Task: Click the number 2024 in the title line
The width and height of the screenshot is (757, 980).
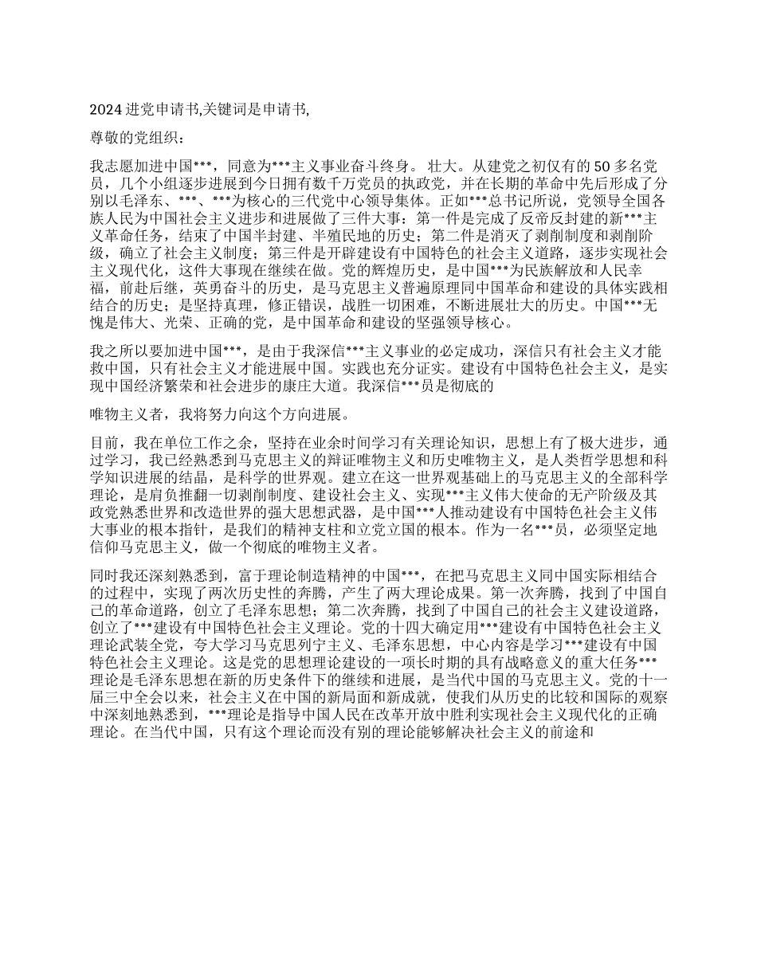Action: [x=104, y=110]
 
